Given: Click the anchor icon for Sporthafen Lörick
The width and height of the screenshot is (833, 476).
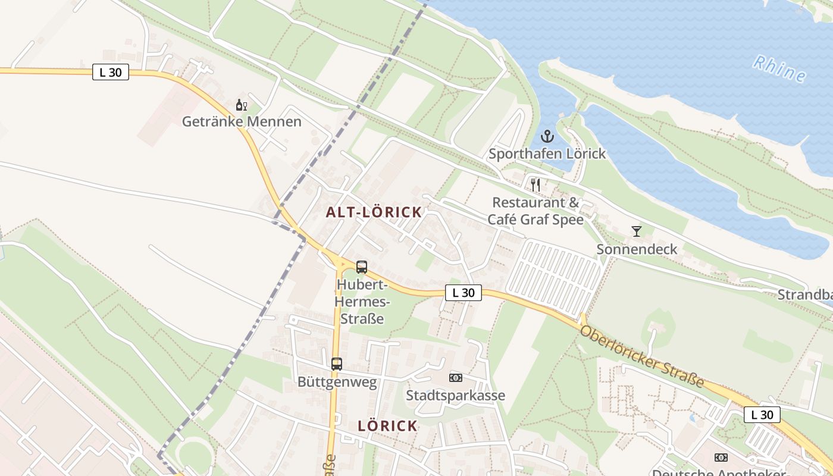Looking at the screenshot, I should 547,136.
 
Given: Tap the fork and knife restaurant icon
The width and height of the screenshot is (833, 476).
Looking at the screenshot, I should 535,184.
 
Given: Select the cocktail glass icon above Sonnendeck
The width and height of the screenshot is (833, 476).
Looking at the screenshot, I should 637,231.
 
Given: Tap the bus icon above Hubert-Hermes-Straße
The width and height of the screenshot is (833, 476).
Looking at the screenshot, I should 362,267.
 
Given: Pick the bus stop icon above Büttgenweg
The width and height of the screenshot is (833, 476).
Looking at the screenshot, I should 337,364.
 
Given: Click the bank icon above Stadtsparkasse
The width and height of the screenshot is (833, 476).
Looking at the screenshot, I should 456,377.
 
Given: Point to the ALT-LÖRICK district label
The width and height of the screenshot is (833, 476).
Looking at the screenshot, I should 374,212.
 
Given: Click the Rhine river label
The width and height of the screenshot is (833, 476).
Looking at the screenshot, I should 779,68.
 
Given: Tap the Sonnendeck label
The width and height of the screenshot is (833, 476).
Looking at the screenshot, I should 637,249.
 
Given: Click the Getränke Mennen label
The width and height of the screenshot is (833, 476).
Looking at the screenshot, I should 242,122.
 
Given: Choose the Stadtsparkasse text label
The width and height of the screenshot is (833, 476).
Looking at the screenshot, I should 456,395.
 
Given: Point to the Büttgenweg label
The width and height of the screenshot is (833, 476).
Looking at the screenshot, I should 337,382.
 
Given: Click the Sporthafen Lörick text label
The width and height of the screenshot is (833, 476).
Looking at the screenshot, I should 547,154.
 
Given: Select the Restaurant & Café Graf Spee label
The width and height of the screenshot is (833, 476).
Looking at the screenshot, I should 535,211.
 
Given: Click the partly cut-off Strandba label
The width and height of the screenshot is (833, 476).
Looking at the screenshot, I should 804,295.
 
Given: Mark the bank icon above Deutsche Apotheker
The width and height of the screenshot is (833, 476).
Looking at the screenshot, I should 721,458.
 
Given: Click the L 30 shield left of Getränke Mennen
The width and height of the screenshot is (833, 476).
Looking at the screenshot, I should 111,73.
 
